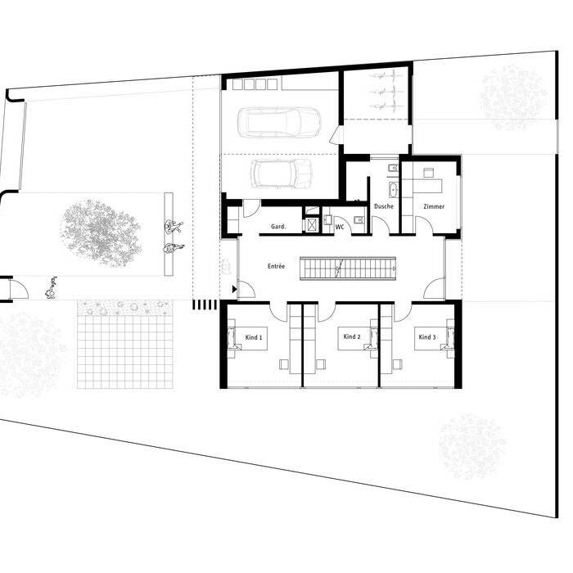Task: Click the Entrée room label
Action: tap(276, 266)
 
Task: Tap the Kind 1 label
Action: tap(254, 337)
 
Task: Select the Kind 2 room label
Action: tap(352, 336)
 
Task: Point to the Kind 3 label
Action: tap(427, 337)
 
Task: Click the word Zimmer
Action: tap(434, 206)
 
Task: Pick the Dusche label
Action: tap(384, 206)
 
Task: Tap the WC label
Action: tap(340, 227)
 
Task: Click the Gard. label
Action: tap(278, 227)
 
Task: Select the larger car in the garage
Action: tap(279, 123)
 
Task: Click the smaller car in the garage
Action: tap(282, 174)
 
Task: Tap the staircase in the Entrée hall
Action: tap(348, 268)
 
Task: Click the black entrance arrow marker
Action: tap(234, 290)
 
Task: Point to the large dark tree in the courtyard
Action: tap(101, 233)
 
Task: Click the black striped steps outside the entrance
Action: tap(205, 305)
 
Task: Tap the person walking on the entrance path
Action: tap(51, 288)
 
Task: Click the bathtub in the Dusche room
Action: tap(394, 190)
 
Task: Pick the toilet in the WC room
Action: tap(359, 219)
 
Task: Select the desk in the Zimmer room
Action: tap(427, 186)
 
